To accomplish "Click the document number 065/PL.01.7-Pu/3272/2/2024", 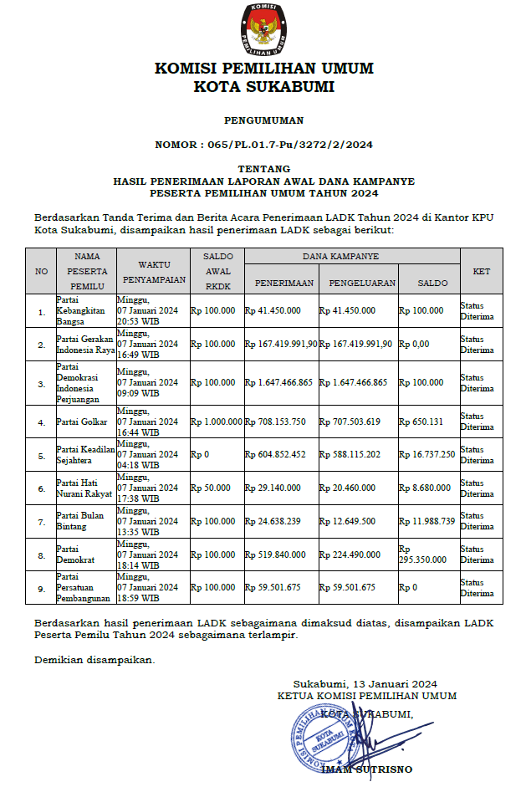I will tap(263, 145).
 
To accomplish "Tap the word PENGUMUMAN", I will tap(263, 120).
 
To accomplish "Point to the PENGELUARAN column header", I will tap(361, 283).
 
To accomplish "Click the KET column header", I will tap(481, 271).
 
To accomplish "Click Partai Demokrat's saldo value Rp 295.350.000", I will tap(427, 554).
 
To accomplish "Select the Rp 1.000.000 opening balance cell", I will tap(216, 422).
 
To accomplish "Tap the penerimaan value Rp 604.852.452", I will tap(276, 454).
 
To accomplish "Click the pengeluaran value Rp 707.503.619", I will tap(350, 422).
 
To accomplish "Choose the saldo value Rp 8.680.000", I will tap(426, 488).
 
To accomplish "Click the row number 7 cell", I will tap(41, 521).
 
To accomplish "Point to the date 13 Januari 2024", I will tap(390, 683).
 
